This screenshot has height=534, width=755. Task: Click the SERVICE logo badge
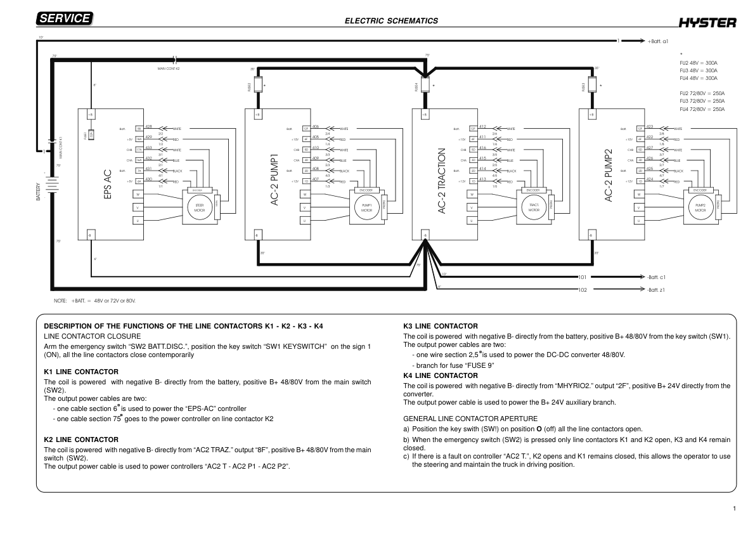[x=65, y=19]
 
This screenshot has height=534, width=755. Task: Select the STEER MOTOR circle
[x=198, y=208]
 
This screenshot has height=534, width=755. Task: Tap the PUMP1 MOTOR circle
[x=366, y=208]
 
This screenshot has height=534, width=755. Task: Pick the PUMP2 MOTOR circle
[x=700, y=208]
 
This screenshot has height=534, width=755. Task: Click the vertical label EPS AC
[x=108, y=185]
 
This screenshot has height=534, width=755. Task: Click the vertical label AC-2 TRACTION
[x=442, y=181]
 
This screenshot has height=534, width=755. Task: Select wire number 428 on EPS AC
[x=148, y=127]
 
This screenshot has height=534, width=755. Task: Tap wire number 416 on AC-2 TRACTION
[x=483, y=148]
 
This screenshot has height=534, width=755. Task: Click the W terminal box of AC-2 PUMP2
[x=639, y=194]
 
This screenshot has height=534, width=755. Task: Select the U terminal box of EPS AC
[x=138, y=220]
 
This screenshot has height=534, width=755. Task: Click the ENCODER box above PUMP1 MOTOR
[x=366, y=190]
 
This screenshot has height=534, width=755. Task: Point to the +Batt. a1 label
[x=658, y=41]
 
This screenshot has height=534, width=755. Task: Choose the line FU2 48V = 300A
[x=698, y=63]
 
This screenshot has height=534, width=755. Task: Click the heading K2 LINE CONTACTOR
[x=81, y=439]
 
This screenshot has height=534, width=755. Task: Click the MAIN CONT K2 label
[x=169, y=68]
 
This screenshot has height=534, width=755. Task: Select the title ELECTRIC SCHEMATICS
[x=391, y=21]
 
